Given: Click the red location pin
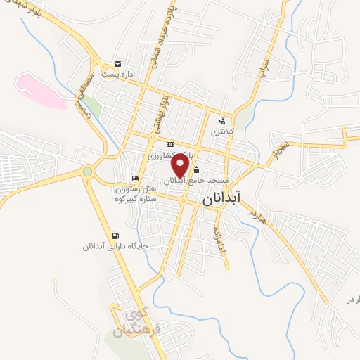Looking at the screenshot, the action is click(181, 166).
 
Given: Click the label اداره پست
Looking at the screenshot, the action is click(117, 73).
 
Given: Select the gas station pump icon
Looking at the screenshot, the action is click(115, 236).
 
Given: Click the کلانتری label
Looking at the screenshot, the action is click(224, 131).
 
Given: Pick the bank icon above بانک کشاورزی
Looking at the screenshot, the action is click(169, 145).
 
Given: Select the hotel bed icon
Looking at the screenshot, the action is click(135, 178).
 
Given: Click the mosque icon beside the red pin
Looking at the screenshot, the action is click(196, 169).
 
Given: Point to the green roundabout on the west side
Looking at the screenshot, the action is click(87, 171).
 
